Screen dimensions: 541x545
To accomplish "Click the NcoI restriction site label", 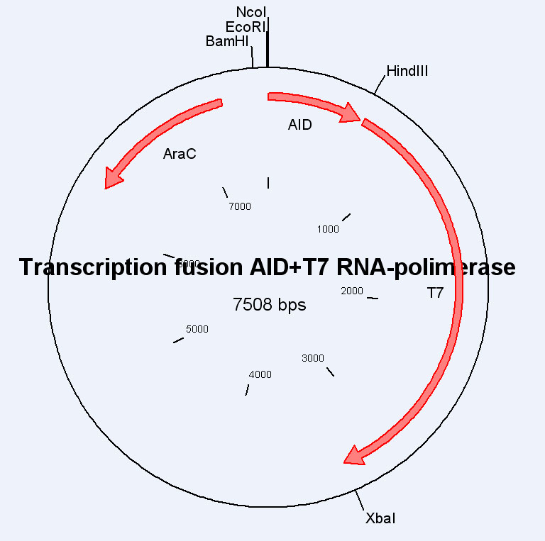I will point(252,12).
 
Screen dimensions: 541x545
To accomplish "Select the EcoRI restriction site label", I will point(245,27).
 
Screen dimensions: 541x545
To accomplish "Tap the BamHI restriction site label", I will point(227,41).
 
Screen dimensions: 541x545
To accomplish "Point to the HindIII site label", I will point(407,71).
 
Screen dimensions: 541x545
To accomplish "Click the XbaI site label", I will point(380,518).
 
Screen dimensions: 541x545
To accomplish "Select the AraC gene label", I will point(180,154).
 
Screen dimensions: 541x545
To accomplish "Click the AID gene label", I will point(300,125).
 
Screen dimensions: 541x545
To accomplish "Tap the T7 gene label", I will point(435,292).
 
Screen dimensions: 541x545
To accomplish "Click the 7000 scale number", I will point(240,206).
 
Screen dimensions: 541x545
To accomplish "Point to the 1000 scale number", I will point(328,229).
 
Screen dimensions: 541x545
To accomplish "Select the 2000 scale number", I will point(352,291).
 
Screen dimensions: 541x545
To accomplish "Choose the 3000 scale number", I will point(313,358).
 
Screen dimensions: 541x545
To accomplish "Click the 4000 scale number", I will point(260,374).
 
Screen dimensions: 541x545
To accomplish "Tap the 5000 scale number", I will point(197,329).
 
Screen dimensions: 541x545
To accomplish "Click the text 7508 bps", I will point(270,305).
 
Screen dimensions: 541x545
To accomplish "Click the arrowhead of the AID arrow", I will point(351,113).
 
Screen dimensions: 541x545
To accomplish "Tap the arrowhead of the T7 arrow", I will point(353,455).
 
